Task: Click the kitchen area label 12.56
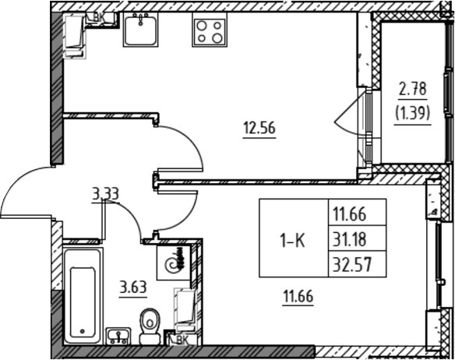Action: click(x=259, y=128)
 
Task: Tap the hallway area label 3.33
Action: click(x=106, y=194)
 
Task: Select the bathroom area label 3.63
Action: click(x=133, y=288)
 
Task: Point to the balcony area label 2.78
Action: click(x=413, y=89)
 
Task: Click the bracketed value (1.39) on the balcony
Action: click(x=412, y=113)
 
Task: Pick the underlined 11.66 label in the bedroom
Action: click(x=298, y=297)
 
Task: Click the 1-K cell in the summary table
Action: click(x=294, y=241)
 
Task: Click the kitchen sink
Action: click(x=141, y=30)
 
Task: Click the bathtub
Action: click(x=83, y=296)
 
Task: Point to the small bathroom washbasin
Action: click(x=118, y=336)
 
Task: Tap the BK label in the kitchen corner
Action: click(x=99, y=17)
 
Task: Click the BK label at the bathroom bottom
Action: click(x=182, y=340)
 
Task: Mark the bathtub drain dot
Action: click(x=83, y=331)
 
